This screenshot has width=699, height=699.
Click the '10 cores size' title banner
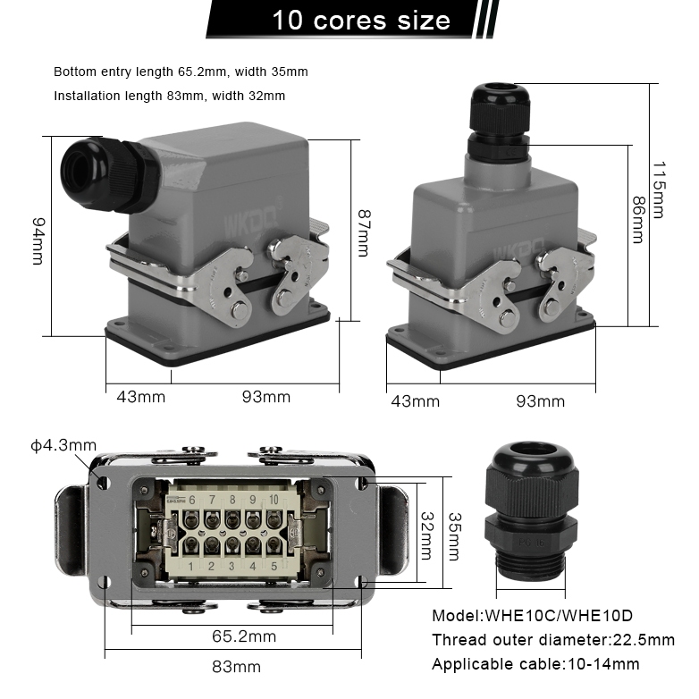[361, 20]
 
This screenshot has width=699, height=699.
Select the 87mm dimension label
[362, 233]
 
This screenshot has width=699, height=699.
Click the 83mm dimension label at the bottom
[238, 667]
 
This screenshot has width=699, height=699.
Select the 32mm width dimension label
[426, 532]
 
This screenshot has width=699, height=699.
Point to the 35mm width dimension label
[453, 536]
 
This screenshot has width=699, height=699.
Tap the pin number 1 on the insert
[192, 565]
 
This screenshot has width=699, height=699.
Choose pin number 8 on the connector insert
[232, 500]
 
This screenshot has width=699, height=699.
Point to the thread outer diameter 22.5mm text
[553, 640]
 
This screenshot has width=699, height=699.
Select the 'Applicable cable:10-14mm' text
[535, 664]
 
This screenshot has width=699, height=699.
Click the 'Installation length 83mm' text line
[170, 96]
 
